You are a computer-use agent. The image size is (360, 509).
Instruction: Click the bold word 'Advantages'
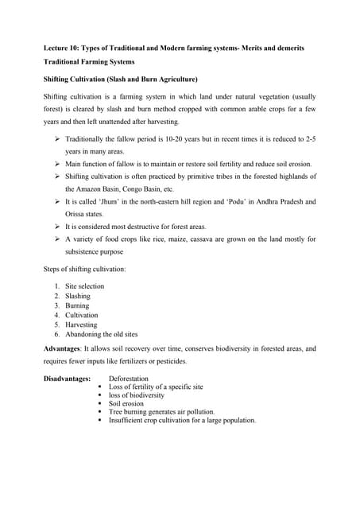[x=66, y=349]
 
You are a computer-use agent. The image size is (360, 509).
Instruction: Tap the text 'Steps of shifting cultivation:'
[x=84, y=269]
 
